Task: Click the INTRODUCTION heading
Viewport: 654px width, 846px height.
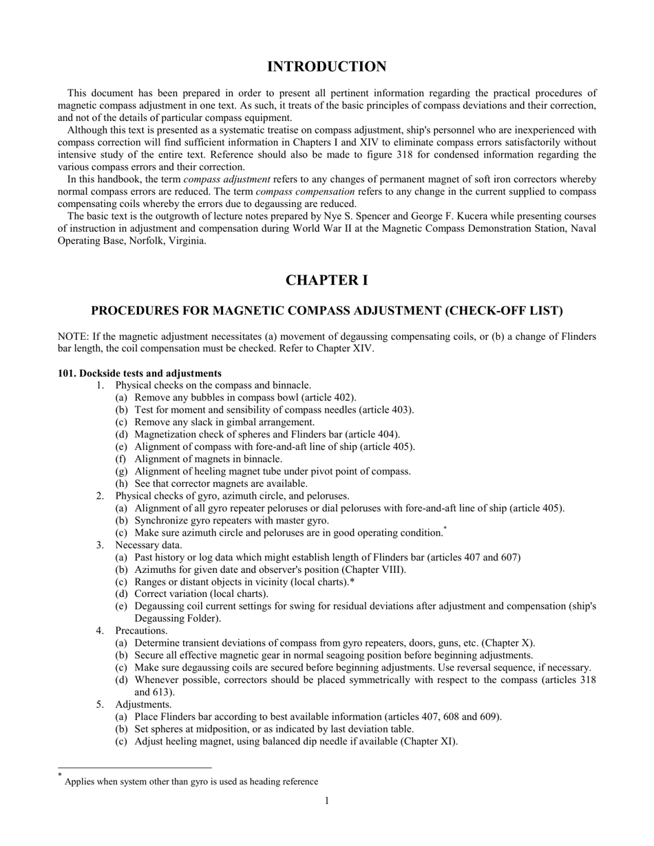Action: pos(326,67)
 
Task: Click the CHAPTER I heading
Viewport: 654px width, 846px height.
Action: pos(326,281)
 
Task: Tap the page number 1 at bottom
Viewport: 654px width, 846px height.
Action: pos(326,800)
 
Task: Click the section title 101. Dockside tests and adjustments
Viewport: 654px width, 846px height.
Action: pos(139,373)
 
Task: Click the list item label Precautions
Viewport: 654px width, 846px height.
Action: pos(141,631)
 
